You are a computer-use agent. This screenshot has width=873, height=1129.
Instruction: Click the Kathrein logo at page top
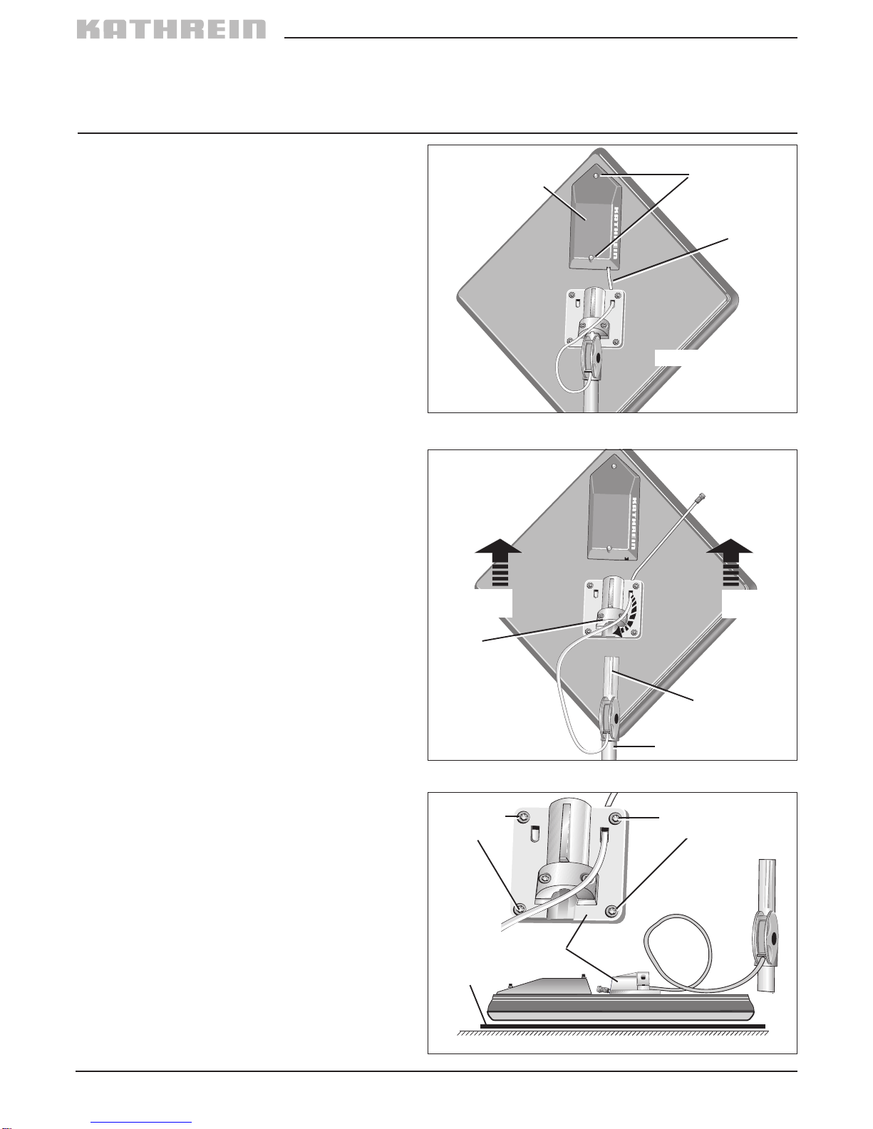(172, 29)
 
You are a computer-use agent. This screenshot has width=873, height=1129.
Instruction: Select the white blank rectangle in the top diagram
(676, 358)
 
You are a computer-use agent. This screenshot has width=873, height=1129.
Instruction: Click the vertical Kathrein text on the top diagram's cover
(615, 234)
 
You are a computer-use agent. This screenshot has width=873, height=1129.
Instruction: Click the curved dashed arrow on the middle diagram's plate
(626, 618)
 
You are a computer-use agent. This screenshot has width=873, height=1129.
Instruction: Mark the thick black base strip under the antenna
(623, 1026)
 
